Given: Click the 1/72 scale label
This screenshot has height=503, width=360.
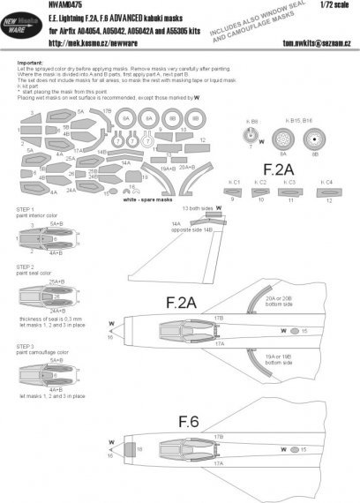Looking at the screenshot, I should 340,8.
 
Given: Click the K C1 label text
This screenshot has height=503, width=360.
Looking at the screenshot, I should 234,183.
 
